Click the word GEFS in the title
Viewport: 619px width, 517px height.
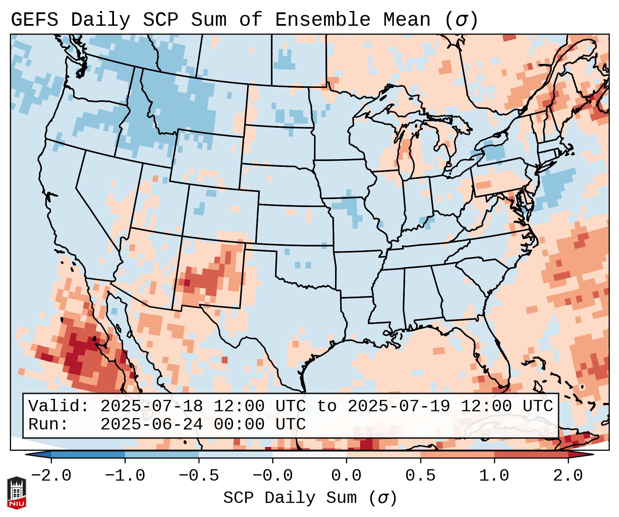[x=34, y=20]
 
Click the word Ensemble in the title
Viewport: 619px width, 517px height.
[x=322, y=20]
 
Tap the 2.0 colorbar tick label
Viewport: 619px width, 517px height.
[x=568, y=476]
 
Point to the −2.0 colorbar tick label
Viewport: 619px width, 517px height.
[x=51, y=476]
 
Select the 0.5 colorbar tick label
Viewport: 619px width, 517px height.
[x=420, y=476]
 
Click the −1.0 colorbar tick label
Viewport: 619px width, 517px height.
[x=125, y=476]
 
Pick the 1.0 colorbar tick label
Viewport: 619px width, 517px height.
[x=494, y=476]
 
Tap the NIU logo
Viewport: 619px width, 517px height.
[x=16, y=493]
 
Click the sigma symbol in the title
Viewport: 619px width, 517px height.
[x=461, y=20]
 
